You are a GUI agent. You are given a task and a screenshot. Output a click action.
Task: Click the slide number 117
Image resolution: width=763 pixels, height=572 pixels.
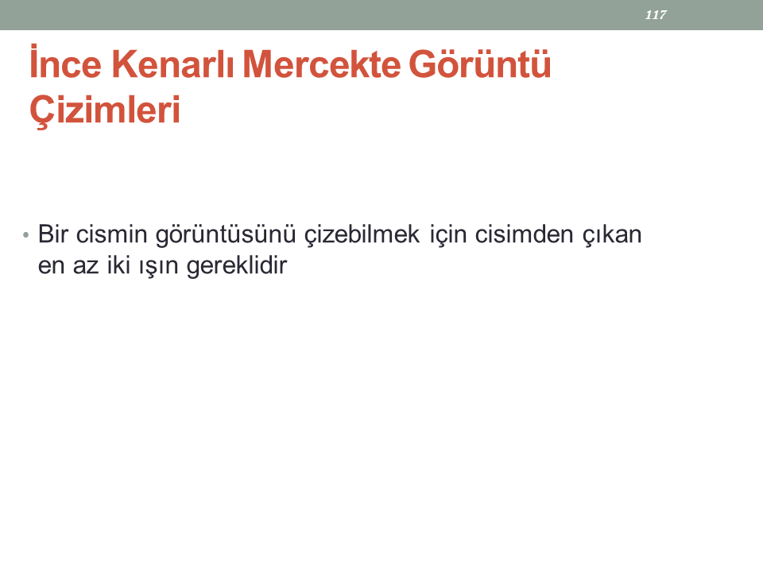(x=656, y=14)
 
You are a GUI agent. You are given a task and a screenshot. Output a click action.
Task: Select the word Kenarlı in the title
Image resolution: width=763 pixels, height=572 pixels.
(x=173, y=64)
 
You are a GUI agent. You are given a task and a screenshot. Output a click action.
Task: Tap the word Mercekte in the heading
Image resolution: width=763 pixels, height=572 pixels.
(x=322, y=64)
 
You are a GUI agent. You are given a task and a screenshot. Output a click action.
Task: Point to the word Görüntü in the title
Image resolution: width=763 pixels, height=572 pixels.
(x=480, y=64)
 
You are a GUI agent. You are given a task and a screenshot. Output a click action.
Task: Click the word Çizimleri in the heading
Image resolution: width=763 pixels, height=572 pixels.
(x=105, y=110)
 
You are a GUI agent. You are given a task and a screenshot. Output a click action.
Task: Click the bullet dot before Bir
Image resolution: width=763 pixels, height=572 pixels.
(x=25, y=236)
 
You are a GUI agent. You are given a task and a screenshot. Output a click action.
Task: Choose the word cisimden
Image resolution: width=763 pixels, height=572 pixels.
(x=524, y=234)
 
